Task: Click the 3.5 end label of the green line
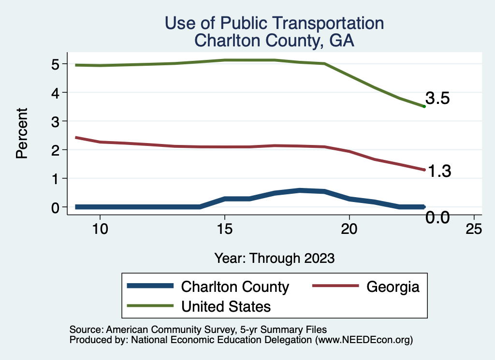437,99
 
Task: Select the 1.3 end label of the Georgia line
438,171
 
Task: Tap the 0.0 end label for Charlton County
437,218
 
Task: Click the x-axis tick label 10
100,229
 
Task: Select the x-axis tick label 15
224,229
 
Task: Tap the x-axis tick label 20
349,229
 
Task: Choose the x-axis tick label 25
474,229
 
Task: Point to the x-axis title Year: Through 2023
275,258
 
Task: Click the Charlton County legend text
235,287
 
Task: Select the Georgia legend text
393,287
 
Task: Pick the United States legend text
226,306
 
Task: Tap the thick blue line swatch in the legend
150,286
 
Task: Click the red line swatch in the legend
336,286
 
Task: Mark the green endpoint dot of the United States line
424,106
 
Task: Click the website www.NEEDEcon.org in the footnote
364,340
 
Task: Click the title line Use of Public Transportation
274,23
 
